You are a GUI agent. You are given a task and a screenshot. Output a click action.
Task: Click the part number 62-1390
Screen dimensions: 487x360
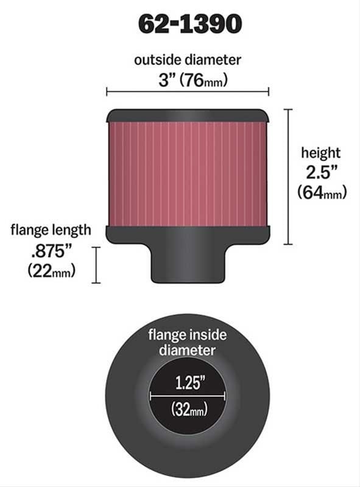pos(189,24)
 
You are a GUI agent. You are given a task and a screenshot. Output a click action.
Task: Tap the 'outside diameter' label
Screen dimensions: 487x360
pos(188,60)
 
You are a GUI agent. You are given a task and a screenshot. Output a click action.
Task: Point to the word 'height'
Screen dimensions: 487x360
pos(321,153)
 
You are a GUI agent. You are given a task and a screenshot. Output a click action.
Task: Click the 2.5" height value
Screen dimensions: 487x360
pos(321,172)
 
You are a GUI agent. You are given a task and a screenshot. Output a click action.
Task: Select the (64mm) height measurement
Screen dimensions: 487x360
pos(322,192)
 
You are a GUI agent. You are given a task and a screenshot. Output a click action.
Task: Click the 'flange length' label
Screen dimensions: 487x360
pos(51,229)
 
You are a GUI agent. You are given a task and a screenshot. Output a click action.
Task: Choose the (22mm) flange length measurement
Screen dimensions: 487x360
pos(52,271)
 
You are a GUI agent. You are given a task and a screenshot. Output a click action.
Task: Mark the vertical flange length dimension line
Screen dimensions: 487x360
pos(96,265)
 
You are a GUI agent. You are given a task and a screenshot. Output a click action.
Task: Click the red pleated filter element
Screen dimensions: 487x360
pos(188,173)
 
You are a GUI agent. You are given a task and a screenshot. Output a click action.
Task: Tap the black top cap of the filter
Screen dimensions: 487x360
pos(188,115)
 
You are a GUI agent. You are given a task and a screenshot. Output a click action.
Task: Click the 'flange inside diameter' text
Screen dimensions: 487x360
pos(188,342)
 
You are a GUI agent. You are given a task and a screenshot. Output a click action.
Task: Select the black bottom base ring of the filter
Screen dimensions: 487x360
pos(188,233)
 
